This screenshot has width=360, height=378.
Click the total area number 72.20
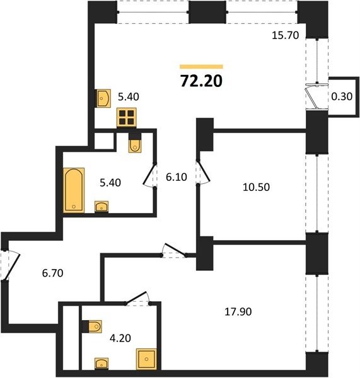click(x=201, y=81)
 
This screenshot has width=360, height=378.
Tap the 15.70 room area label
click(x=286, y=35)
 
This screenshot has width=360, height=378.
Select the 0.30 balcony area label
click(x=342, y=96)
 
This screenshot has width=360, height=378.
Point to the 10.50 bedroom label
click(x=256, y=187)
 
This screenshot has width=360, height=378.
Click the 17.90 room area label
click(x=238, y=312)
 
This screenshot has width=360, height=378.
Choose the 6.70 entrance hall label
click(x=52, y=273)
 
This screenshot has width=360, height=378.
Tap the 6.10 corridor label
click(x=177, y=177)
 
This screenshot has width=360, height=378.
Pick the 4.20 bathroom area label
click(x=120, y=338)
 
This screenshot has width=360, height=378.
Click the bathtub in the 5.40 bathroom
click(x=74, y=190)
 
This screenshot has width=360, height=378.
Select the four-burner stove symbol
click(x=127, y=117)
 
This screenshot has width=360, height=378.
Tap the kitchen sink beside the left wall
click(x=104, y=98)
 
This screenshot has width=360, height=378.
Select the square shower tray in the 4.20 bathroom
click(x=146, y=359)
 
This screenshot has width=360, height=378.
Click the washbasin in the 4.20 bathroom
click(x=102, y=364)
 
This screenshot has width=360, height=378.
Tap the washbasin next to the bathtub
click(x=102, y=207)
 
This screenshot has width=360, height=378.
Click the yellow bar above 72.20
click(x=201, y=67)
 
